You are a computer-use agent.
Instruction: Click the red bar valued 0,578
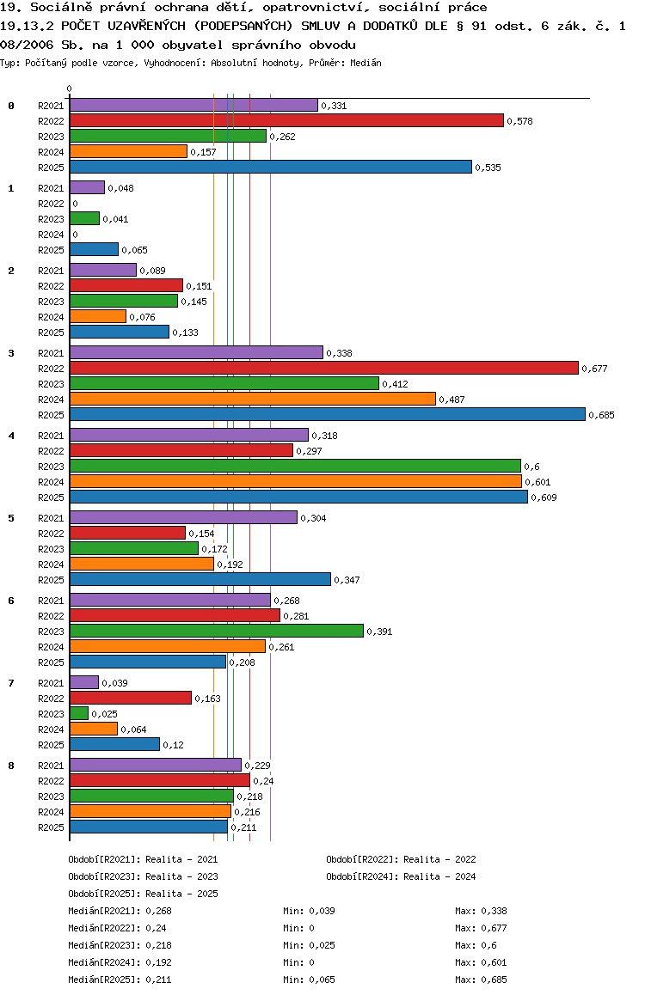coord(286,120)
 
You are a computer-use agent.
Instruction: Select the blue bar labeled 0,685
coord(327,414)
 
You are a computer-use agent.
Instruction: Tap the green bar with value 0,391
coord(216,631)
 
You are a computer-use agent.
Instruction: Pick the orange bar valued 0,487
coord(253,399)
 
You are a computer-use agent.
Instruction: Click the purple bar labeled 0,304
coord(183,517)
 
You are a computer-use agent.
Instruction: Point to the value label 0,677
coord(594,369)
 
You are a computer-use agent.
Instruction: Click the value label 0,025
coord(104,714)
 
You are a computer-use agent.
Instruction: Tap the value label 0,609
coord(544,497)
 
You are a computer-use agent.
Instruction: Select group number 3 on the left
coord(11,353)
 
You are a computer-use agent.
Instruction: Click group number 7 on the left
coord(11,683)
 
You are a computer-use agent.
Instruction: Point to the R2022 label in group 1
coord(51,204)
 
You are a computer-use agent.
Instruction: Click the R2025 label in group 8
coord(51,827)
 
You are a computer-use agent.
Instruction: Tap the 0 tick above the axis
coord(70,89)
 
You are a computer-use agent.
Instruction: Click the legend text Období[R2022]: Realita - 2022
coord(401,859)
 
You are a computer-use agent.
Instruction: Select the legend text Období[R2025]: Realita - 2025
coord(143,894)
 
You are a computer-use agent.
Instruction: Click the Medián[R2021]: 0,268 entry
coord(116,911)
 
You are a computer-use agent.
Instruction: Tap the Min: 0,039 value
coord(309,911)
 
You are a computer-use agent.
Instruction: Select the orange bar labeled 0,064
coord(94,729)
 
